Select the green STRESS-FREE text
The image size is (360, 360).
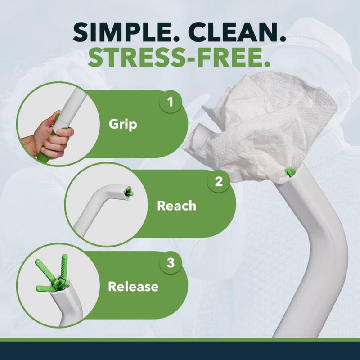pyautogui.click(x=179, y=58)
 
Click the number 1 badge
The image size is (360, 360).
pyautogui.click(x=170, y=102)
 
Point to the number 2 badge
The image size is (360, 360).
pyautogui.click(x=219, y=181)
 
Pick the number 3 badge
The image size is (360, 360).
pyautogui.click(x=171, y=263)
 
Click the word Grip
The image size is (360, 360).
pyautogui.click(x=123, y=125)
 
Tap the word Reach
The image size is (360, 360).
pyautogui.click(x=177, y=206)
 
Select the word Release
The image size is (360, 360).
pyautogui.click(x=133, y=287)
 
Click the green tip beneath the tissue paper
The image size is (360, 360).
pyautogui.click(x=289, y=172)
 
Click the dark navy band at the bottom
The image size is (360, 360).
pyautogui.click(x=180, y=351)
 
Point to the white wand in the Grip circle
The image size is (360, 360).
pyautogui.click(x=69, y=108)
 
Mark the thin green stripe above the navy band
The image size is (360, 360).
pyautogui.click(x=180, y=340)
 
